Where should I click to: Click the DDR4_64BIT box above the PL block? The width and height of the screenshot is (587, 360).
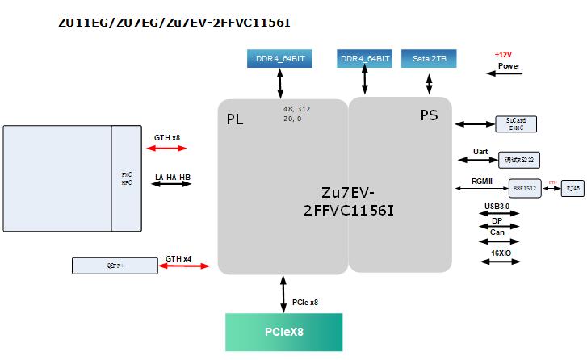click(x=280, y=59)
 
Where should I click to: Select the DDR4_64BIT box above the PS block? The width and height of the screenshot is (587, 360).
click(x=365, y=59)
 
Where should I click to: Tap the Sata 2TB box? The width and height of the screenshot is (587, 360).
click(x=430, y=59)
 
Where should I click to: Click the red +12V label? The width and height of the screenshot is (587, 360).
click(x=503, y=54)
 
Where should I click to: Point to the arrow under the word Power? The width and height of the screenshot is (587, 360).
click(x=505, y=74)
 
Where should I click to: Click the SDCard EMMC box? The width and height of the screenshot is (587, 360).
click(x=515, y=123)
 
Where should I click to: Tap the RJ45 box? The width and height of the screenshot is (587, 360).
click(x=572, y=188)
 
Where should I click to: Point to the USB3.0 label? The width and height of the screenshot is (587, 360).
click(x=497, y=206)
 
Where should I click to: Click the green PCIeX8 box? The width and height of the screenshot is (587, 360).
click(x=283, y=332)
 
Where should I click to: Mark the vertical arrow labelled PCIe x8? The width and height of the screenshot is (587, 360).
click(x=283, y=294)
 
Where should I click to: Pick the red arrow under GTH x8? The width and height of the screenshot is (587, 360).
click(x=167, y=149)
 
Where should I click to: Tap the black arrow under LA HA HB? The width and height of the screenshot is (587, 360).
click(x=172, y=185)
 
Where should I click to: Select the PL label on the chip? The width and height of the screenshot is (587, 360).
click(x=235, y=119)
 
